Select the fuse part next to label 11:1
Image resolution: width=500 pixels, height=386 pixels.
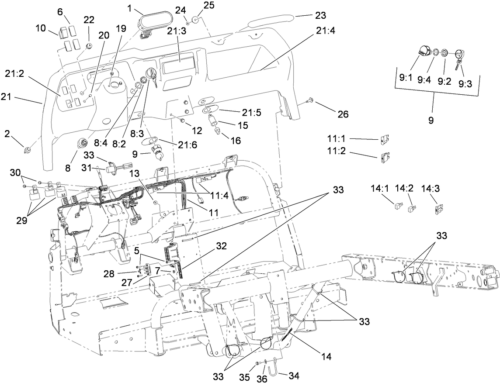385,140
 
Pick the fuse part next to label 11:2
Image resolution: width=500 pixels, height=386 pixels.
385,155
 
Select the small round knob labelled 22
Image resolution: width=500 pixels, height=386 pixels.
89,46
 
